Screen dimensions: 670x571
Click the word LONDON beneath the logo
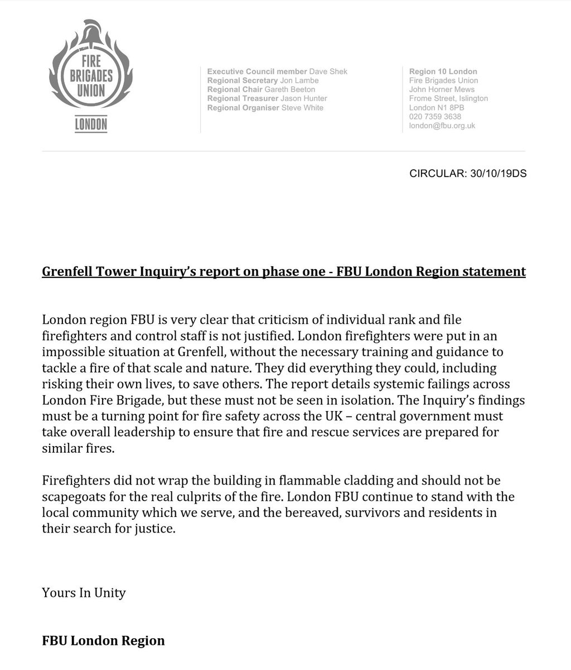(91, 125)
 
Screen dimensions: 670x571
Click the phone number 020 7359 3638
(435, 117)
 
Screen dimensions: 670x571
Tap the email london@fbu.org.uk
(442, 126)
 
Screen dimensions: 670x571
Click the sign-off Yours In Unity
(84, 592)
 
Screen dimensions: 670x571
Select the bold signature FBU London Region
(103, 640)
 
